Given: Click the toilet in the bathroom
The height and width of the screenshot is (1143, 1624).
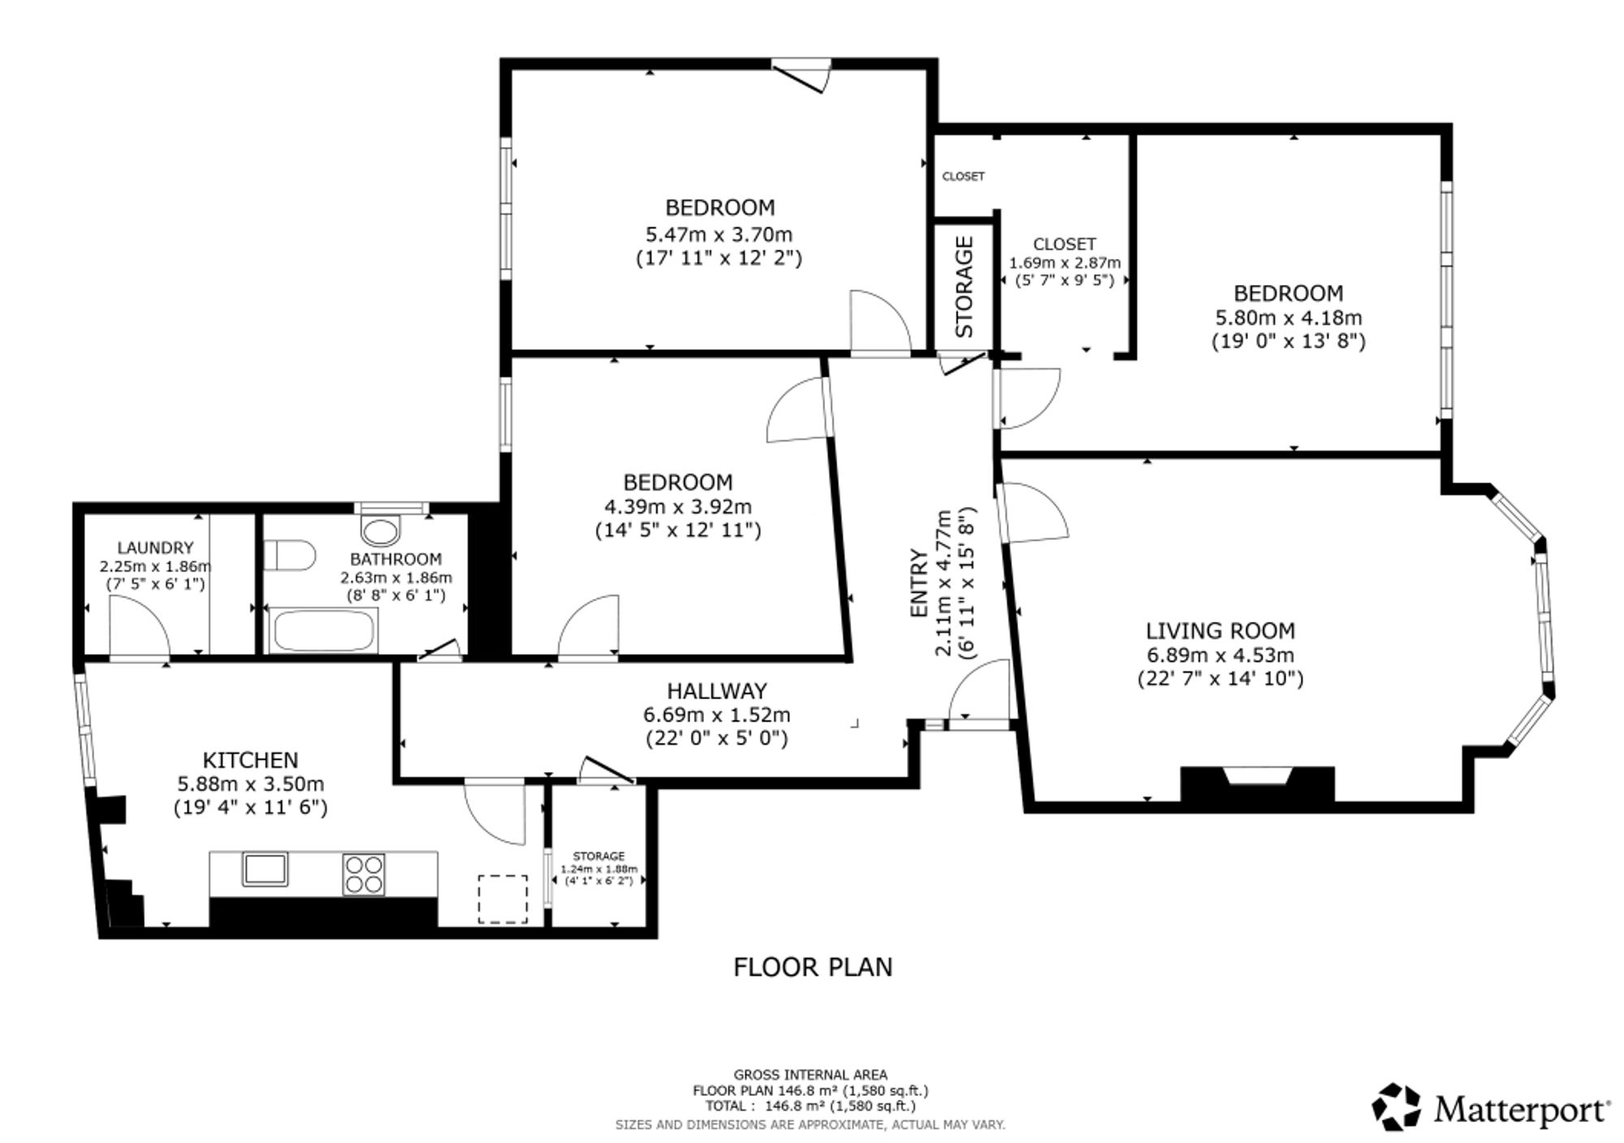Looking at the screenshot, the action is click(x=290, y=555).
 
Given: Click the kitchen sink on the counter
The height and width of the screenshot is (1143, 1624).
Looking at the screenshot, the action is click(x=265, y=869).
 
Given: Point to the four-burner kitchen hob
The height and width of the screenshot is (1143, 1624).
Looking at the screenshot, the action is click(x=364, y=874).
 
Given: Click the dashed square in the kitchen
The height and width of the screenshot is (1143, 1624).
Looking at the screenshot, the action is click(x=503, y=899).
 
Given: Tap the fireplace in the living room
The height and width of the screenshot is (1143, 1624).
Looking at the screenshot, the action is click(x=1257, y=784).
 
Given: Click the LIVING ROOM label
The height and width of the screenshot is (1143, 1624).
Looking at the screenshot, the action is click(x=1220, y=631).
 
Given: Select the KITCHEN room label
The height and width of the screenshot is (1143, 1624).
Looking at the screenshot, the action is click(x=250, y=761).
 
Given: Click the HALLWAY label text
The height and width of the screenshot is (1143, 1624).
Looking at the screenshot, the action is click(x=717, y=691).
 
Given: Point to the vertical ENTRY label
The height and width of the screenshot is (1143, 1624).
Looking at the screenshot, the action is click(x=919, y=583).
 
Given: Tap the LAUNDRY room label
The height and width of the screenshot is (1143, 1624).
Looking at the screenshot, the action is click(x=155, y=548).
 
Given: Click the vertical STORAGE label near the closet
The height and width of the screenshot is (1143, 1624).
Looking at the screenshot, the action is click(x=965, y=287).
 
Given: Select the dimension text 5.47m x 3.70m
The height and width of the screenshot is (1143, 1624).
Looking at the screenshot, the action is click(x=719, y=235).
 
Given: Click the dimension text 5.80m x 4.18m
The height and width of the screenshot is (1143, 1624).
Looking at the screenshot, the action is click(x=1289, y=317).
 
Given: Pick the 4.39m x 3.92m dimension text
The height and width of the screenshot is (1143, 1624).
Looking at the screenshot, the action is click(x=678, y=507).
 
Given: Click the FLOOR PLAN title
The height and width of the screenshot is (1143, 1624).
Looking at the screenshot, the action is click(x=813, y=968).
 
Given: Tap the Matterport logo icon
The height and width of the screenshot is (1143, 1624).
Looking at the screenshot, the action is click(x=1397, y=1106).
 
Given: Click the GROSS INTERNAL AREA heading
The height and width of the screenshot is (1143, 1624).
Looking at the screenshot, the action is click(x=810, y=1075).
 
